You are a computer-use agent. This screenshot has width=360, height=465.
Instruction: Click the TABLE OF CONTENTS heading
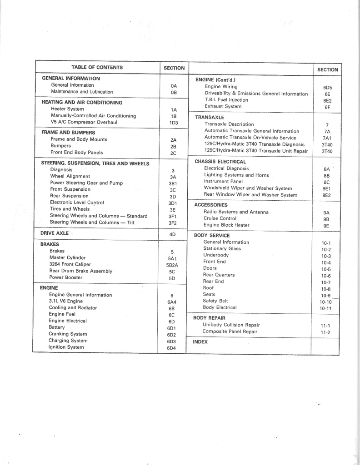[x=97, y=68]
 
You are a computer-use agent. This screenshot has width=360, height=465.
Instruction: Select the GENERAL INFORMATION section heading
[x=71, y=79]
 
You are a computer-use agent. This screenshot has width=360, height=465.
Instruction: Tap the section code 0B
[x=174, y=92]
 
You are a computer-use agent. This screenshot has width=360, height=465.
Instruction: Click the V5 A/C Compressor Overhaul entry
[x=84, y=122]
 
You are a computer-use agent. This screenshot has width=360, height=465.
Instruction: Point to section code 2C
[x=173, y=153]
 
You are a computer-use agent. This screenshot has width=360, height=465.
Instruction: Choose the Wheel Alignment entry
[x=70, y=176]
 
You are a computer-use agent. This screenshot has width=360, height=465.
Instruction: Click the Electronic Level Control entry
[x=77, y=203]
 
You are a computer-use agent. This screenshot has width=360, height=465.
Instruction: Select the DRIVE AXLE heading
[x=55, y=233]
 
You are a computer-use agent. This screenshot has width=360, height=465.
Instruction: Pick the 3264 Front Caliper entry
[x=70, y=264]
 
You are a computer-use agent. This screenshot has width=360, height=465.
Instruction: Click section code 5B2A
[x=172, y=265]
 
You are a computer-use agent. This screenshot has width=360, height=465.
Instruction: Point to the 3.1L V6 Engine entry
[x=66, y=301]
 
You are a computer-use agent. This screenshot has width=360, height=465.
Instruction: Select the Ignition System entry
[x=66, y=347]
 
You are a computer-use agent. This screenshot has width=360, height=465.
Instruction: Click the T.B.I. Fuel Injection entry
[x=226, y=100]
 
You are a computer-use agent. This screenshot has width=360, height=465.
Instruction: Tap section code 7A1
[x=327, y=138]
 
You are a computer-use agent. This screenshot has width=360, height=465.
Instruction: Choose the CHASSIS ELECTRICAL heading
[x=220, y=162]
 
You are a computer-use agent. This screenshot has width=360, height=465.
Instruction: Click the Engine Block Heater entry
[x=226, y=225]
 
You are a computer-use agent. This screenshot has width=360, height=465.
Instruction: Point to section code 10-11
[x=326, y=309]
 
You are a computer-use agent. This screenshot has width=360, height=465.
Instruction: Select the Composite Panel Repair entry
[x=230, y=331]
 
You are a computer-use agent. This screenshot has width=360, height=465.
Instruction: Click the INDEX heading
[x=200, y=342]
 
